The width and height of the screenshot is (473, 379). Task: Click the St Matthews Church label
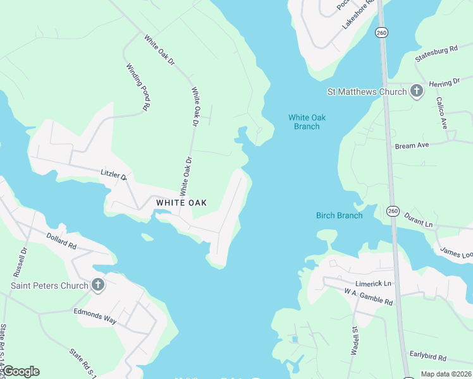(366, 92)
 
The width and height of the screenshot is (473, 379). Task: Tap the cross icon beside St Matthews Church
(416, 92)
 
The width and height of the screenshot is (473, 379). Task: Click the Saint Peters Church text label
(49, 286)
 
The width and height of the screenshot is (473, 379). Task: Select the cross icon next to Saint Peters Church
(97, 285)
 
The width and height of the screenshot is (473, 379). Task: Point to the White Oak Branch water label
(307, 122)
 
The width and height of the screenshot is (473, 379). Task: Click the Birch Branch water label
(340, 215)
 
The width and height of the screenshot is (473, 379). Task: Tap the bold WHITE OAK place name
(182, 203)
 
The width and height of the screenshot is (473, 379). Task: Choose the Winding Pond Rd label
(137, 87)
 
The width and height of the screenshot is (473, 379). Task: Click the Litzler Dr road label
(114, 174)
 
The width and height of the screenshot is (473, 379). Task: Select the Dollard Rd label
(61, 240)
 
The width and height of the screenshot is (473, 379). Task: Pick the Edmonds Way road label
(95, 316)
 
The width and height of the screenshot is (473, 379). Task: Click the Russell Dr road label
(20, 262)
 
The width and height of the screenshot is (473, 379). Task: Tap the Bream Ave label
(412, 145)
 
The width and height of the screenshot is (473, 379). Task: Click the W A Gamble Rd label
(369, 297)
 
